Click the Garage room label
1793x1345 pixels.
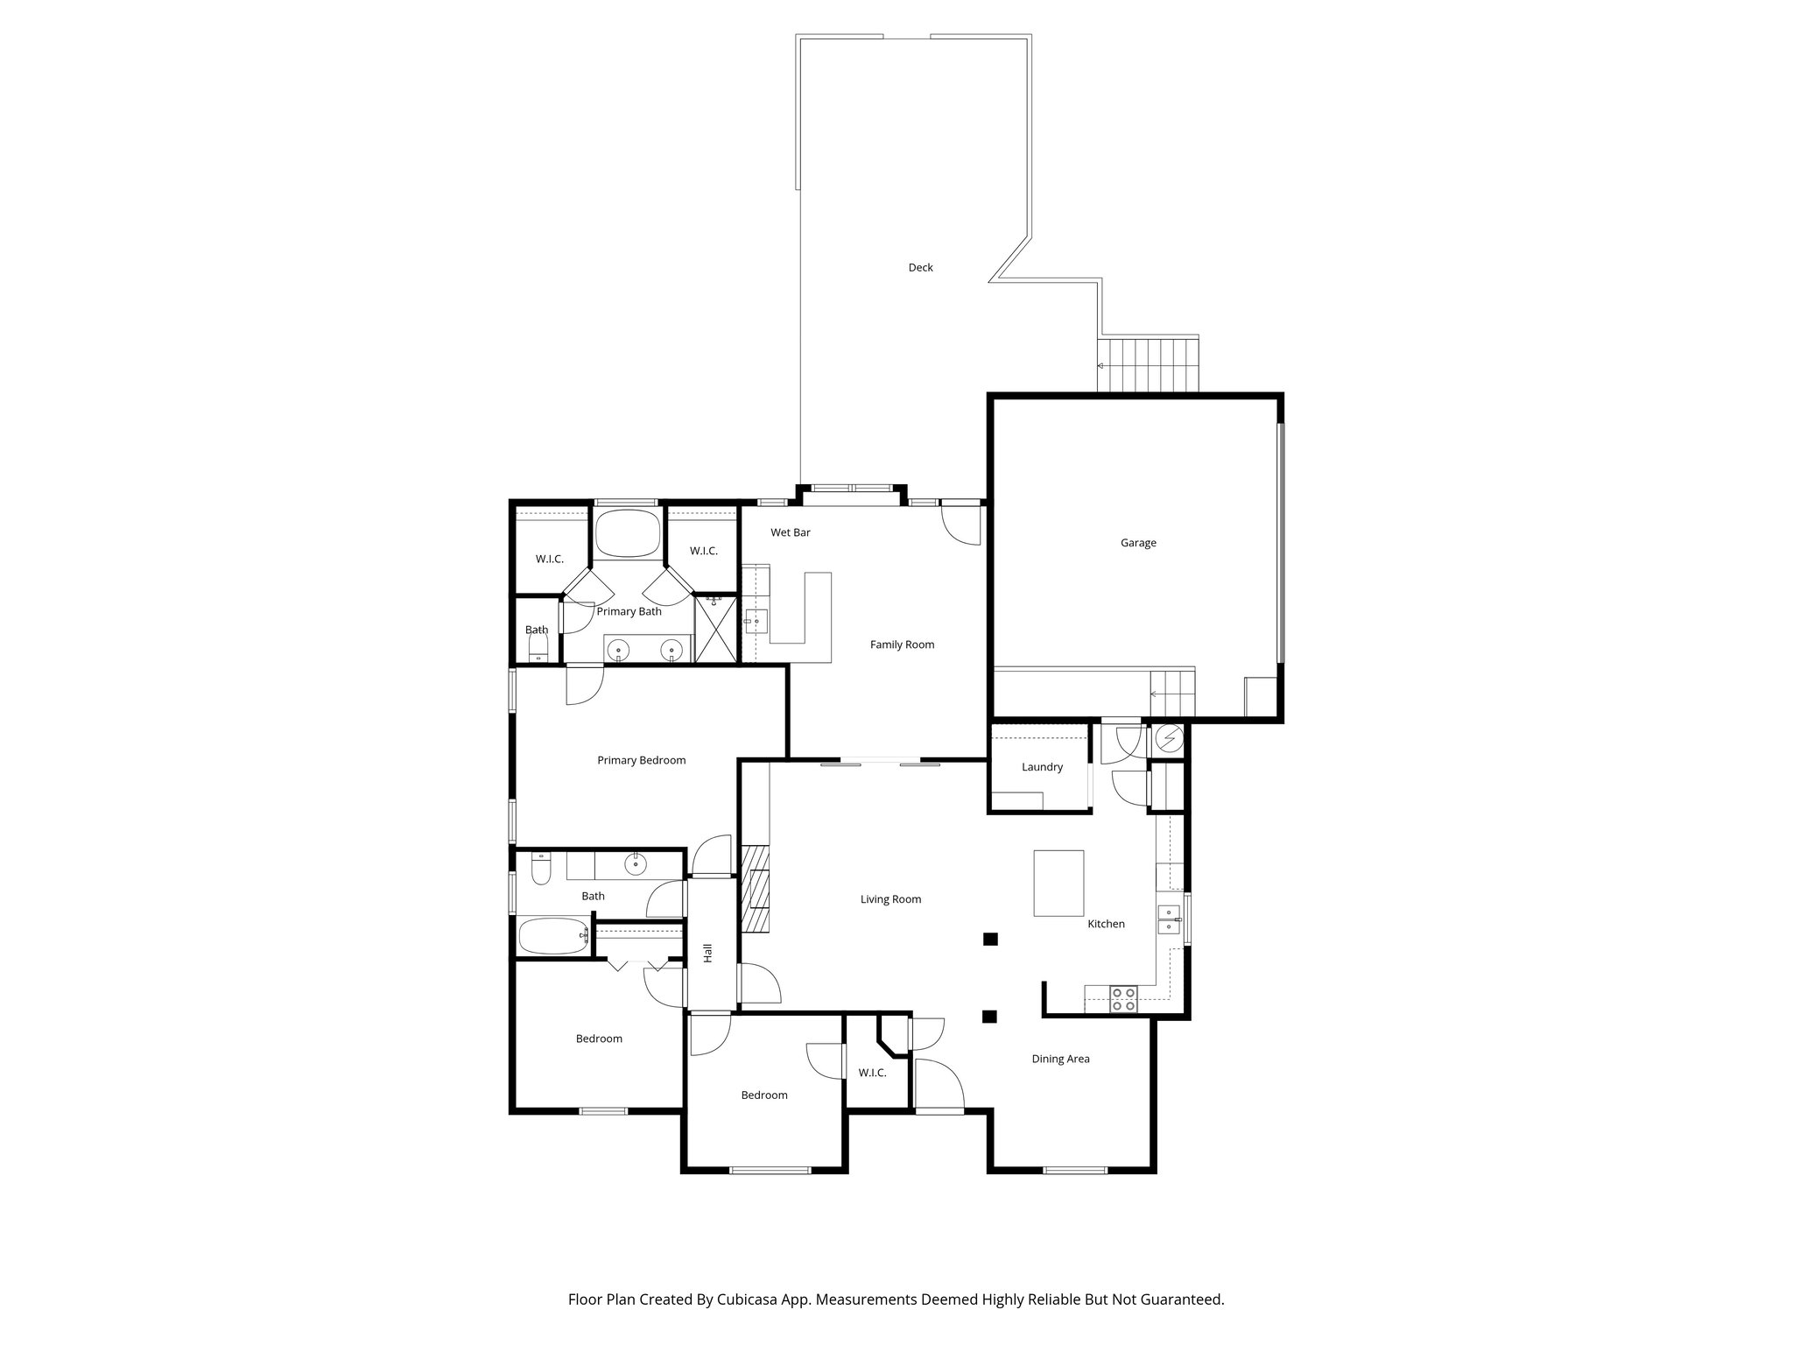[x=1138, y=543]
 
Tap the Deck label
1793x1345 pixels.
[x=920, y=267]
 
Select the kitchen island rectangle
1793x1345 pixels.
[x=1058, y=883]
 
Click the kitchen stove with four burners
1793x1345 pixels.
[x=1123, y=999]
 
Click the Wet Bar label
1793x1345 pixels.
[x=790, y=532]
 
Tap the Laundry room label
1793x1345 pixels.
[x=1042, y=767]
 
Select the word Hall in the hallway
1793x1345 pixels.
[x=707, y=953]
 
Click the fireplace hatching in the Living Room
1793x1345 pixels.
[x=755, y=888]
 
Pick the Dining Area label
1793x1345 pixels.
[x=1060, y=1059]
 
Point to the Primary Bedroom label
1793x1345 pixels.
[x=641, y=760]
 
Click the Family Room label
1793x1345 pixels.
[x=902, y=644]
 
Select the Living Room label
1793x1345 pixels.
[x=890, y=899]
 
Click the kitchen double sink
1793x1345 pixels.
[x=1169, y=919]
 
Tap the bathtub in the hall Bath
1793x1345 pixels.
[x=554, y=937]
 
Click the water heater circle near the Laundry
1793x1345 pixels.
[x=1169, y=739]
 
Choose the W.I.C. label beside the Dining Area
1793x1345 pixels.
[x=872, y=1073]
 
